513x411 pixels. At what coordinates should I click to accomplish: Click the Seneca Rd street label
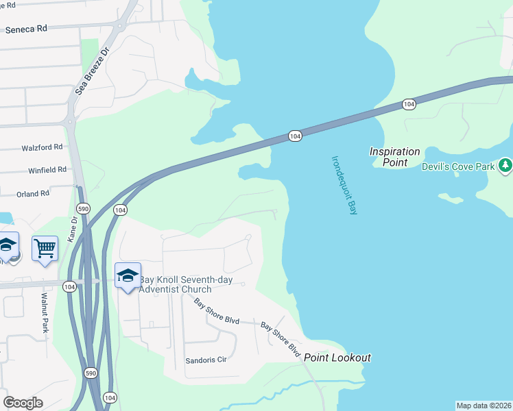tap(25, 29)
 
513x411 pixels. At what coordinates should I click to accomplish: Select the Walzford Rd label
tap(42, 147)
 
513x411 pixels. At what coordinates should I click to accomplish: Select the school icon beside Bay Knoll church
tap(128, 275)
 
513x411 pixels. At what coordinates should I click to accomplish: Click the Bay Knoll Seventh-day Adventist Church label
tap(175, 284)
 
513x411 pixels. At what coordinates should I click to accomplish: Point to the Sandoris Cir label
tap(205, 360)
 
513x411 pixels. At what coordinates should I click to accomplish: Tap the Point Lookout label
tap(337, 358)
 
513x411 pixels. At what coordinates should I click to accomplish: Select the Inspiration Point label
tap(394, 157)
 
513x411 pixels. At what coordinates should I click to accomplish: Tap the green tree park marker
tap(505, 165)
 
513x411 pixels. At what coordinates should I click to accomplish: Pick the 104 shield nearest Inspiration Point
tap(409, 104)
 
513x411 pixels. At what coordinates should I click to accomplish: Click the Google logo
tap(23, 402)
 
